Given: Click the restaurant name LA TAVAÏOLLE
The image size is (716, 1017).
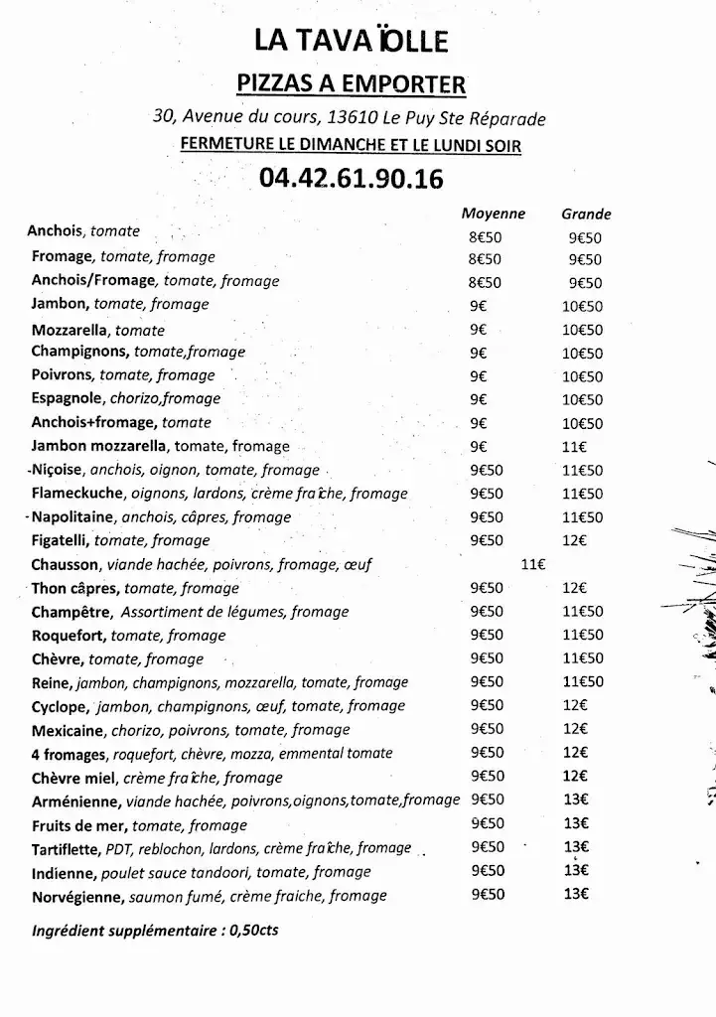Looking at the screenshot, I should coord(352,40).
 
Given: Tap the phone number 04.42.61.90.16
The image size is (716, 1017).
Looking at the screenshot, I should coord(351,179).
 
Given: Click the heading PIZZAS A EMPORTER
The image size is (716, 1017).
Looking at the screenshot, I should coord(351,83).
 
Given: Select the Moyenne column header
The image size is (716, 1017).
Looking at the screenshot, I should coord(493,214).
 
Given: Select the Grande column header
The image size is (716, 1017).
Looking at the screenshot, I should coord(586,214).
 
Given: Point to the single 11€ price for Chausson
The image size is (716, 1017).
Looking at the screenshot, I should coord(533,564).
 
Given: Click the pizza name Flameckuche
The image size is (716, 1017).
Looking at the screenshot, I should coord(77,494).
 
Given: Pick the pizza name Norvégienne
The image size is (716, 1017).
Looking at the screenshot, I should coord(77,897).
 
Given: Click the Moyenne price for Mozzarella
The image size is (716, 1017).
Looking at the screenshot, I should coord(479,330).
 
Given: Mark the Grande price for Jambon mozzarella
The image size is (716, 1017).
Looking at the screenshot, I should coord(575,447).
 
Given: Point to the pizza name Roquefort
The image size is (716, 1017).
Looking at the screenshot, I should coord(69,636).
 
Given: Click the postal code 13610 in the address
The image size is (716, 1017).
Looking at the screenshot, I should coord(356,117).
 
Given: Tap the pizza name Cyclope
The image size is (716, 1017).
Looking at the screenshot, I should coord(61,706).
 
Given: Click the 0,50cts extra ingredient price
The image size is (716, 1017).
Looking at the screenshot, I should coord(253,933).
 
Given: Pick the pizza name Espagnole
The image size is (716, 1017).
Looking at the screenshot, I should coord(67,399).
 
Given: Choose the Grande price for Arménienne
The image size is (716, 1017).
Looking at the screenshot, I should coord(576,800).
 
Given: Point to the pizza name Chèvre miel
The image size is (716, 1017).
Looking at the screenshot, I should coord(74,778).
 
